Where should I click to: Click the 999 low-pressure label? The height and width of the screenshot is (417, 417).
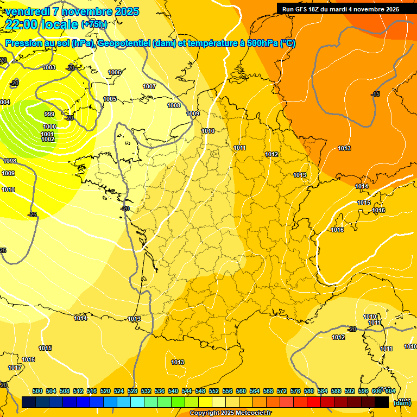pos(49,114)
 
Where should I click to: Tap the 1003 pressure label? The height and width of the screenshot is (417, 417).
pos(49,67)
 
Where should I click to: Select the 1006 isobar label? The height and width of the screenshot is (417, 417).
pos(115,72)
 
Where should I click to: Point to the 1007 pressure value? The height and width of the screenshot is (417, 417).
pos(149,86)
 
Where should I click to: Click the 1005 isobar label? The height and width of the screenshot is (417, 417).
pos(110,99)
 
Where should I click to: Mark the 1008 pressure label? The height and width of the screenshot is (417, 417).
pos(174,105)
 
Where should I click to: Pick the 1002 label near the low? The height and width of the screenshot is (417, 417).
pos(48,140)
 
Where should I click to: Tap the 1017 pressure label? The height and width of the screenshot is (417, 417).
pos(15,368)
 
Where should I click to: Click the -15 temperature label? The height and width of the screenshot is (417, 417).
pos(375,94)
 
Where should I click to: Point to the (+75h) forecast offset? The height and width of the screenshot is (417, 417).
pos(94,24)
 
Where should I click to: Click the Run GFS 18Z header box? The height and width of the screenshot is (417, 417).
pos(340,9)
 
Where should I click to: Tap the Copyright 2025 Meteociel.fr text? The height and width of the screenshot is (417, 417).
pos(230,413)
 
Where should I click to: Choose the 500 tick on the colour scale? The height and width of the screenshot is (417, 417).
pos(37,391)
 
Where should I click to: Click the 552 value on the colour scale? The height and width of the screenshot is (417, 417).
pos(214,391)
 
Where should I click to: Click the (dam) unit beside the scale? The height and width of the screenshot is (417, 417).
pos(402,402)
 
